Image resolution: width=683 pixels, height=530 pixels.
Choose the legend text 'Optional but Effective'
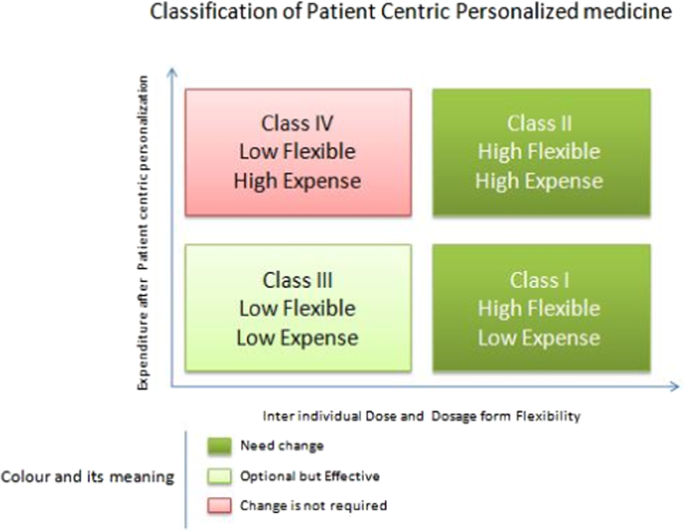point(297,475)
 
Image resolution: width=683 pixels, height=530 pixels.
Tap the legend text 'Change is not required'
point(300,506)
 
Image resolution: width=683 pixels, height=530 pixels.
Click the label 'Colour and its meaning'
point(89,476)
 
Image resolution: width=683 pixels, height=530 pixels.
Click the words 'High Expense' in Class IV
point(296,181)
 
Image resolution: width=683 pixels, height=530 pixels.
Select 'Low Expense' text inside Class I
point(539,337)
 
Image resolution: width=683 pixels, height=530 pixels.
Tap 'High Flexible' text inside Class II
point(539,152)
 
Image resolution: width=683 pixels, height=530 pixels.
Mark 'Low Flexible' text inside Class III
point(296,308)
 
